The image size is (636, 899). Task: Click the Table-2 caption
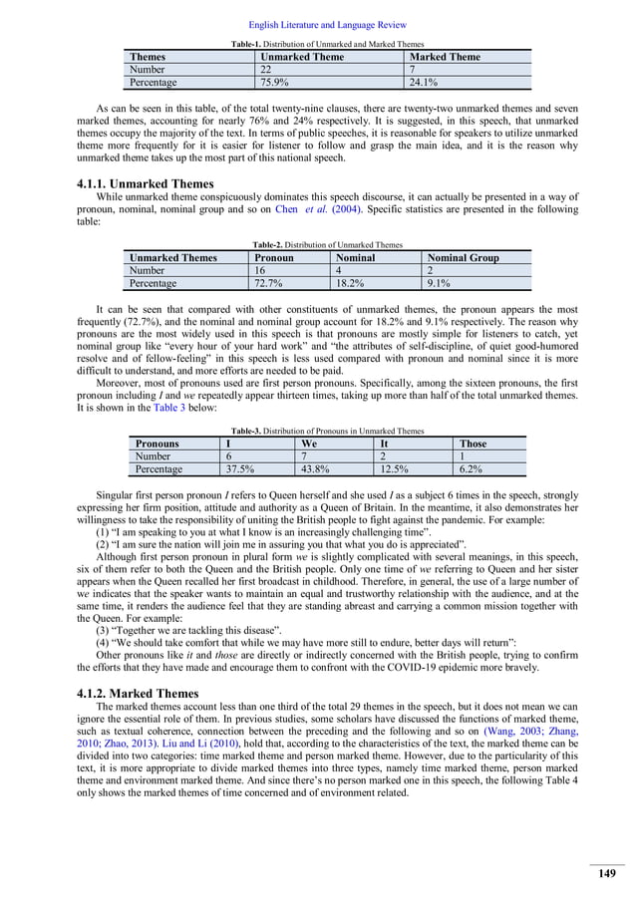click(x=327, y=244)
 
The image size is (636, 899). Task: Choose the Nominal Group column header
click(x=463, y=258)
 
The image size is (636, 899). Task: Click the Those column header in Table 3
click(x=473, y=444)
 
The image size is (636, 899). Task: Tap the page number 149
click(x=605, y=874)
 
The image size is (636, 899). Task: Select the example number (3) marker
click(x=103, y=630)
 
